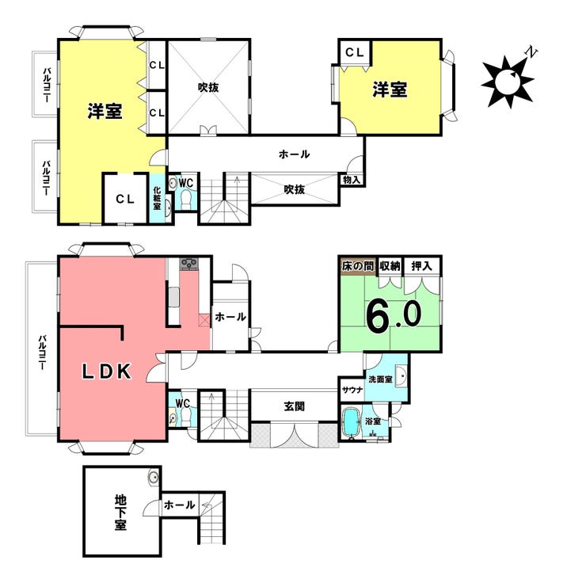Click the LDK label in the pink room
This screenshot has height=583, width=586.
tap(107, 372)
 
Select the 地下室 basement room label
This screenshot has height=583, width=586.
tap(120, 512)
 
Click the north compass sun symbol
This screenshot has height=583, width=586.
tap(507, 81)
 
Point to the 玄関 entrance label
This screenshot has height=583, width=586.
tap(294, 406)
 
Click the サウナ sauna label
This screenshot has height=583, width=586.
tap(352, 390)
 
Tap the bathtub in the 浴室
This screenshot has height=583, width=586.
tap(351, 421)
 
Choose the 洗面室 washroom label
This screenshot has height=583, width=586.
tap(380, 379)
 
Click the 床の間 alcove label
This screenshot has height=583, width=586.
tap(358, 266)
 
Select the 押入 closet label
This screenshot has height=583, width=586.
tap(421, 265)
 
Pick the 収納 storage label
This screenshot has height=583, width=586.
tap(390, 265)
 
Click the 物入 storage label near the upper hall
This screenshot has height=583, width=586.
tap(352, 180)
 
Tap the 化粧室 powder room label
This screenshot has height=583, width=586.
tap(157, 198)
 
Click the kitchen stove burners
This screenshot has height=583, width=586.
tap(189, 264)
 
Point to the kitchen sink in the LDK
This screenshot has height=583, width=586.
tap(173, 298)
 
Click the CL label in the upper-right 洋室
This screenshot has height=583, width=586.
tap(354, 52)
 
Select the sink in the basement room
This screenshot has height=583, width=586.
tap(154, 478)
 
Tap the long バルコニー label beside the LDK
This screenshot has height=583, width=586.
tap(42, 352)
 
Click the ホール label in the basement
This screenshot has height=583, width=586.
tap(180, 505)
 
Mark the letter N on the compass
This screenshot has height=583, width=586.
tap(531, 52)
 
